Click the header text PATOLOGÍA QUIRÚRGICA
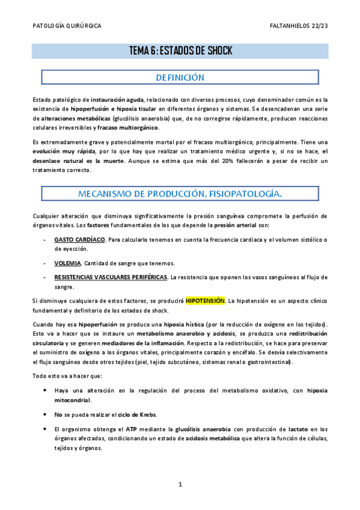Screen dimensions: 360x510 tap(66, 26)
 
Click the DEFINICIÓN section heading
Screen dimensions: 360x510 tap(180, 78)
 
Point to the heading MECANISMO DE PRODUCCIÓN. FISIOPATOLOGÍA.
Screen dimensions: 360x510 tap(180, 194)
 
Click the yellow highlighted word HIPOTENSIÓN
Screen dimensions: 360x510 tap(205, 300)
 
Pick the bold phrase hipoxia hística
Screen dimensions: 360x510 tap(184, 324)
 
